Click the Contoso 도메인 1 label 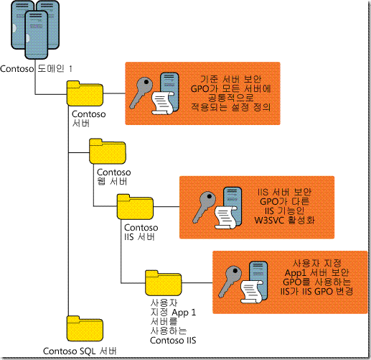tap(36, 69)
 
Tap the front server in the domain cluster tap(37, 34)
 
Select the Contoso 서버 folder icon tap(85, 93)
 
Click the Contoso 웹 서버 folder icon tap(108, 152)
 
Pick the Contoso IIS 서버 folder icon tap(135, 207)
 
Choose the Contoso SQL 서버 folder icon tap(85, 328)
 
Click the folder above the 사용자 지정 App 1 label tap(164, 283)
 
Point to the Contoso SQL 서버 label tap(80, 351)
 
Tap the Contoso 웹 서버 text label tap(114, 177)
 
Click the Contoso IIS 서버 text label tap(141, 232)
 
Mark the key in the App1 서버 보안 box tap(230, 282)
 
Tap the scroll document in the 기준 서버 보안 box tap(162, 103)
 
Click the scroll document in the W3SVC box tap(225, 217)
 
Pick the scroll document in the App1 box tap(251, 292)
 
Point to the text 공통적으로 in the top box tap(230, 98)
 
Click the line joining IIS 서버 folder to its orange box tap(166, 207)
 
